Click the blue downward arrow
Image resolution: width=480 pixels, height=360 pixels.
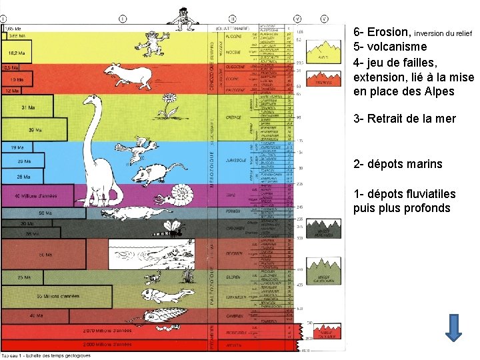click(453, 327)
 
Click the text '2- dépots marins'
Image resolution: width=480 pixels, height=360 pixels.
click(397, 163)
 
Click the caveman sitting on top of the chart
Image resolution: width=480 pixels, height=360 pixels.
click(186, 18)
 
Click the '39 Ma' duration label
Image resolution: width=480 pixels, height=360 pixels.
click(34, 129)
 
